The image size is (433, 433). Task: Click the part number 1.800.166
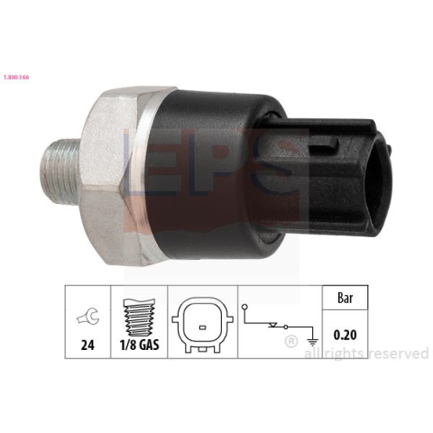(x=16, y=78)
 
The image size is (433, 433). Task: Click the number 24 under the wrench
(x=88, y=345)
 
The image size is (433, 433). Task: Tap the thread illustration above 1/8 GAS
(x=139, y=318)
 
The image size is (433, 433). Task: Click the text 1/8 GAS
(x=139, y=345)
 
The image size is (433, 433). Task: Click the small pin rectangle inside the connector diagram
(x=202, y=327)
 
